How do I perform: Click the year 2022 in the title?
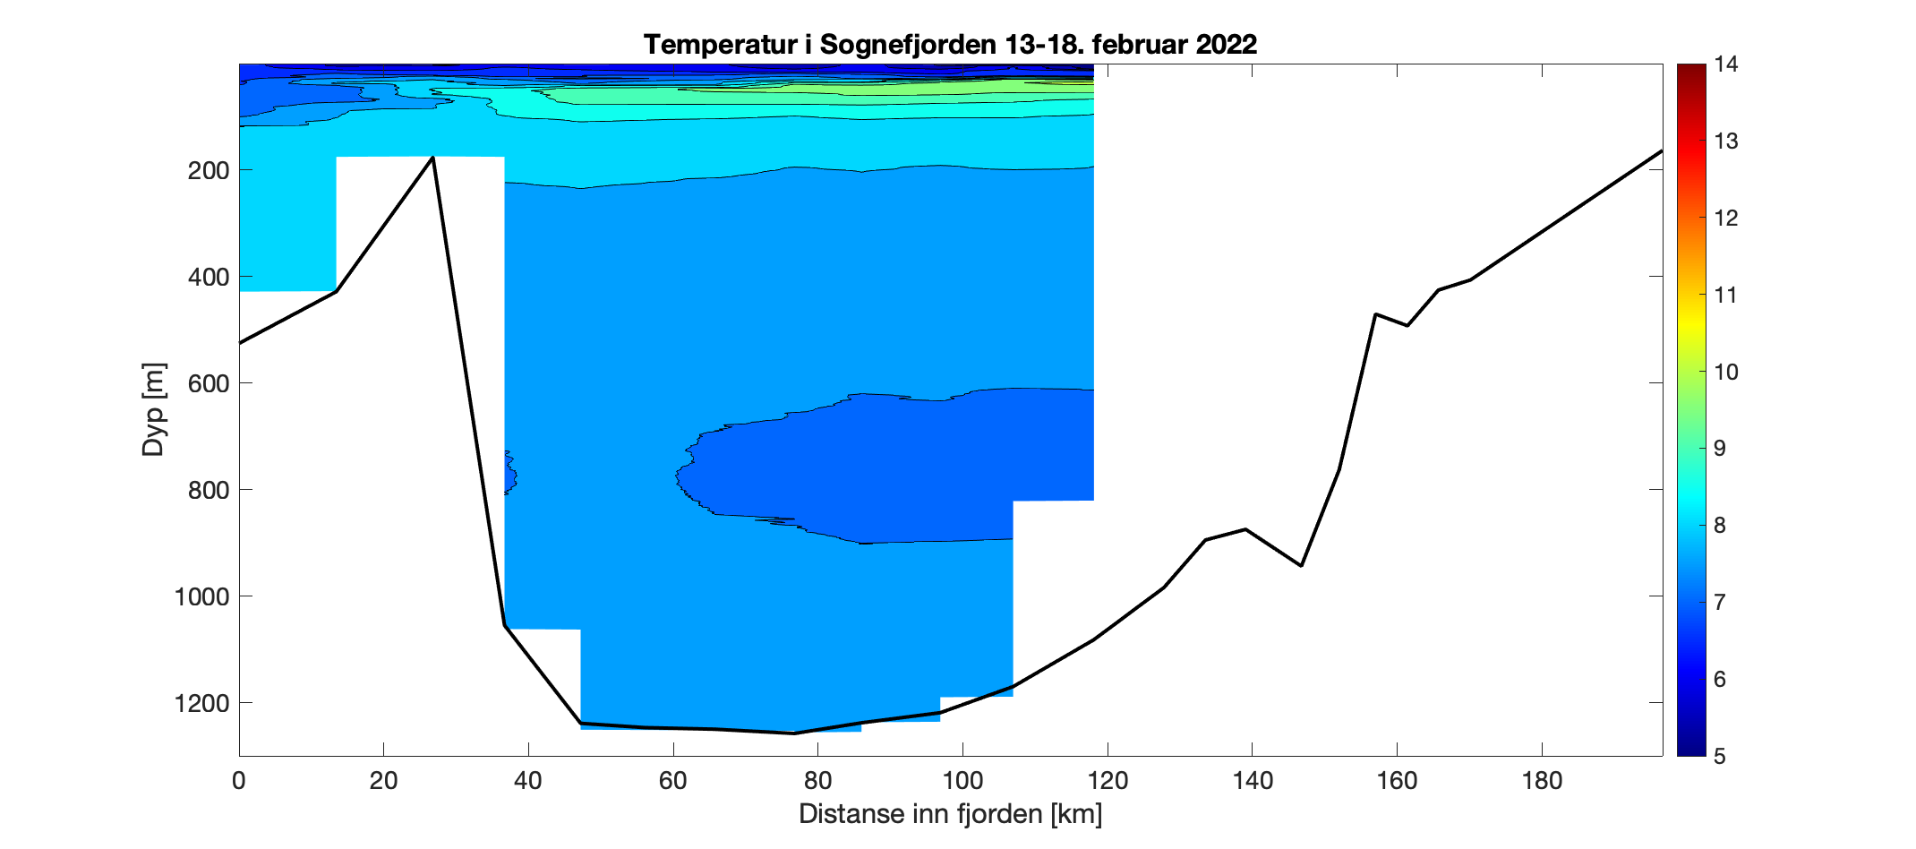tap(1227, 44)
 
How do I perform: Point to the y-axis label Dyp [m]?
tap(154, 409)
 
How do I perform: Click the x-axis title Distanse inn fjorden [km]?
tap(950, 814)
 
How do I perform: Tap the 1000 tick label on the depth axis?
tap(201, 596)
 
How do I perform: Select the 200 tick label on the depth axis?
tap(209, 170)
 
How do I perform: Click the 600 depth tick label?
tap(209, 383)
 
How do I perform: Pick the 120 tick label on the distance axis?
tap(1108, 781)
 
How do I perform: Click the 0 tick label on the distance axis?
tap(239, 781)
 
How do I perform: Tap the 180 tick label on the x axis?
tap(1542, 781)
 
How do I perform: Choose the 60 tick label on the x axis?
tap(673, 781)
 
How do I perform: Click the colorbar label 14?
tap(1725, 64)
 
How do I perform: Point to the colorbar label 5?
tap(1719, 757)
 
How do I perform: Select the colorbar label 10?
tap(1725, 373)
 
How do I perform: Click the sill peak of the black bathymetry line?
tap(433, 158)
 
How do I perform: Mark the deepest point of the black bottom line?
tap(794, 733)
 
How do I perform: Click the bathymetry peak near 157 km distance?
tap(1375, 314)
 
